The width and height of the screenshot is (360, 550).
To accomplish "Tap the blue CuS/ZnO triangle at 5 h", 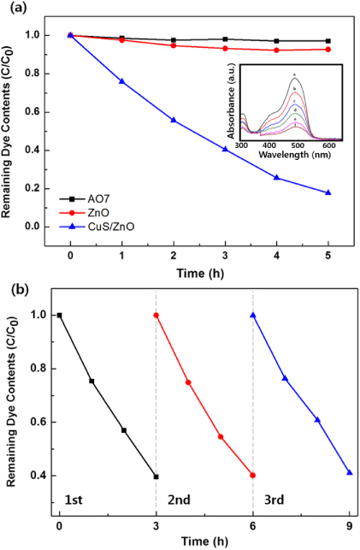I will [x=328, y=192].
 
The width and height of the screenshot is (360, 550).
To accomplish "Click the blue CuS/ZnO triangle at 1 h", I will [x=121, y=81].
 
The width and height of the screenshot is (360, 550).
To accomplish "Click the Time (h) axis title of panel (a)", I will [x=199, y=271].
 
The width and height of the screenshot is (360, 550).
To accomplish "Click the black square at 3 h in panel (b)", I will [x=156, y=476].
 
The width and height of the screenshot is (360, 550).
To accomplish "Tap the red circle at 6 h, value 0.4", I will [x=252, y=476].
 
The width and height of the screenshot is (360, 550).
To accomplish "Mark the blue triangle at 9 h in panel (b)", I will [x=350, y=473].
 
